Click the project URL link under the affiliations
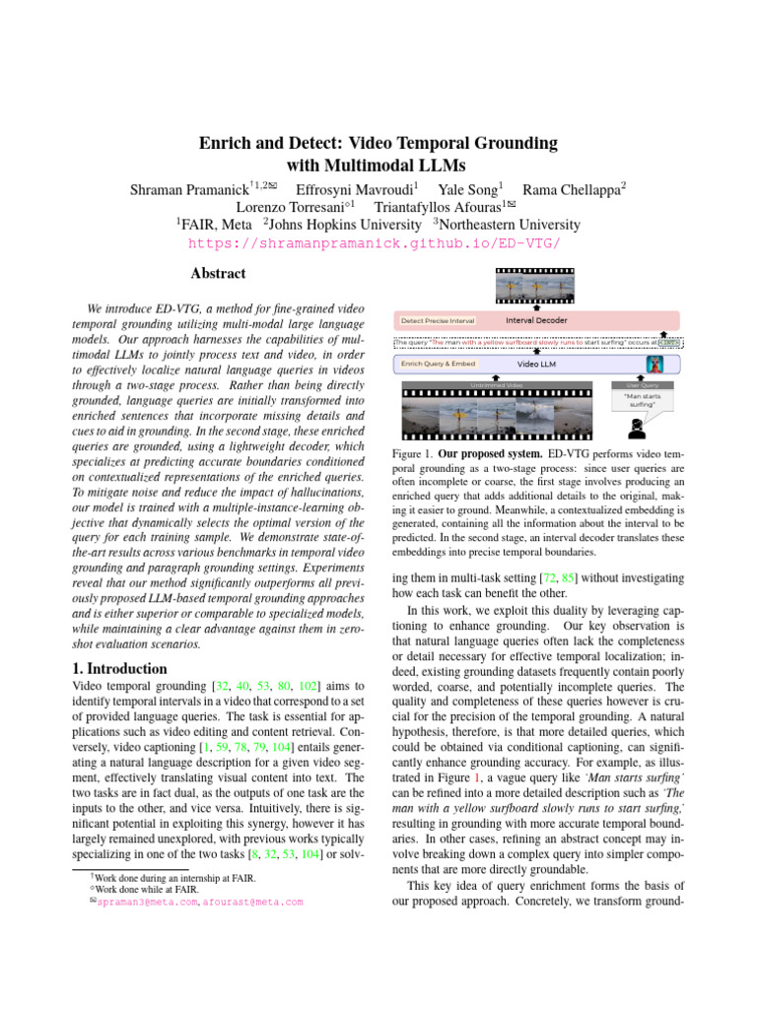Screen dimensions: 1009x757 (378, 243)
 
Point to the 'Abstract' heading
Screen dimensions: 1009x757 (218, 274)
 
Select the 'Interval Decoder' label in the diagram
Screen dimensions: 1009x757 (536, 320)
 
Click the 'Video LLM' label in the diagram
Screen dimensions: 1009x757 (536, 364)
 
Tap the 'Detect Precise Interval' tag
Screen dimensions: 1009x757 (438, 320)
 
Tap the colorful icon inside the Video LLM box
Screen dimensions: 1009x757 (654, 365)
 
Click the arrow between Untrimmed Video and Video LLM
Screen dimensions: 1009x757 (536, 376)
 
